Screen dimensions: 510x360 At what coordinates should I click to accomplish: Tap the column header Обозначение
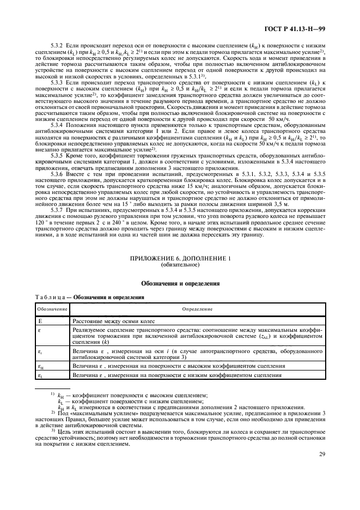pyautogui.click(x=52, y=308)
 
